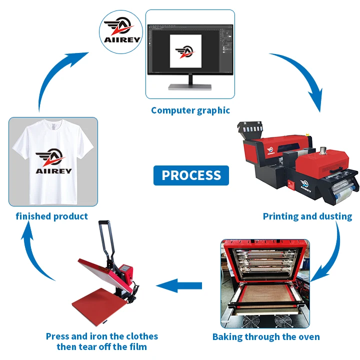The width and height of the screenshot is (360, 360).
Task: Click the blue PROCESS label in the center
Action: pos(191,175)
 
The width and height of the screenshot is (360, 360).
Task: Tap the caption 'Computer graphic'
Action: pos(190,110)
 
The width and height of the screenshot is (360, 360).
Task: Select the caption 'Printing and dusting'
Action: pos(307,216)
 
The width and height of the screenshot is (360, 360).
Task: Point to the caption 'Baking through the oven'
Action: pos(266,336)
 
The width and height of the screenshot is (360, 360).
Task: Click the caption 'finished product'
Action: pos(51,216)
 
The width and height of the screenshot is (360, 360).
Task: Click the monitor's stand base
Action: pos(190,86)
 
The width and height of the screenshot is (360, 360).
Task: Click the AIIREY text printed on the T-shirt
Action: pos(53,170)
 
